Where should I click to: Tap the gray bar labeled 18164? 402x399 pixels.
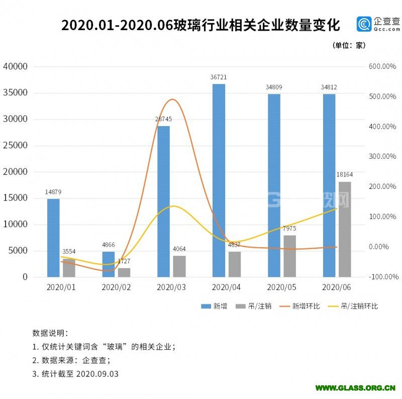[345, 229]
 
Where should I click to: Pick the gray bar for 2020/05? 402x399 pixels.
[289, 256]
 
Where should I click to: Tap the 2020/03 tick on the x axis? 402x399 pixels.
[171, 287]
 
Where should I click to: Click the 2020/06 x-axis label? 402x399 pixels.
[336, 287]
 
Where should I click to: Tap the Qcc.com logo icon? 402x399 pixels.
[364, 24]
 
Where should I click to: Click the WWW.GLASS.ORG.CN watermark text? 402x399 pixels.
[355, 388]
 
